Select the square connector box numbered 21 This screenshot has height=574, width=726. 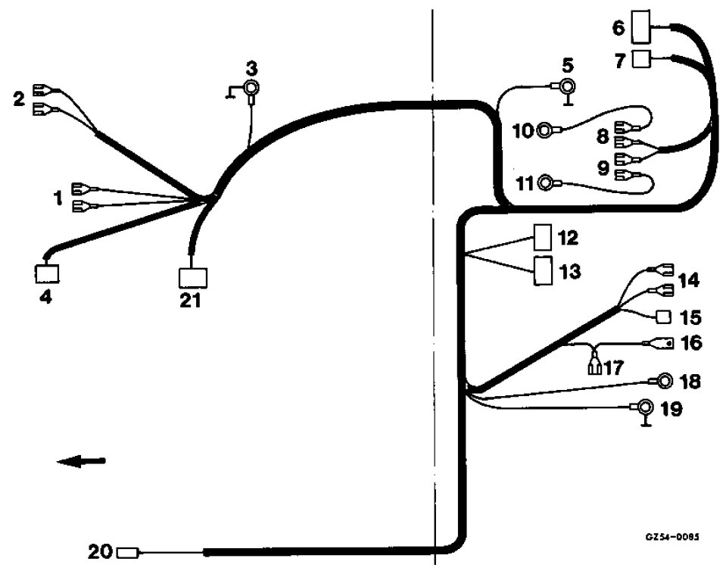click(192, 278)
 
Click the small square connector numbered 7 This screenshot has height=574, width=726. click(641, 59)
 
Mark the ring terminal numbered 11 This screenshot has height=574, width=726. click(546, 182)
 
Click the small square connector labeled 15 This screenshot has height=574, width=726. click(662, 316)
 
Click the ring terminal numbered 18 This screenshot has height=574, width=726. click(665, 381)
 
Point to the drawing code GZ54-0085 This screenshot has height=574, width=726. click(671, 536)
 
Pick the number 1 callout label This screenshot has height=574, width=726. click(57, 198)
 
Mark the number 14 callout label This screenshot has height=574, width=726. click(689, 280)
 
